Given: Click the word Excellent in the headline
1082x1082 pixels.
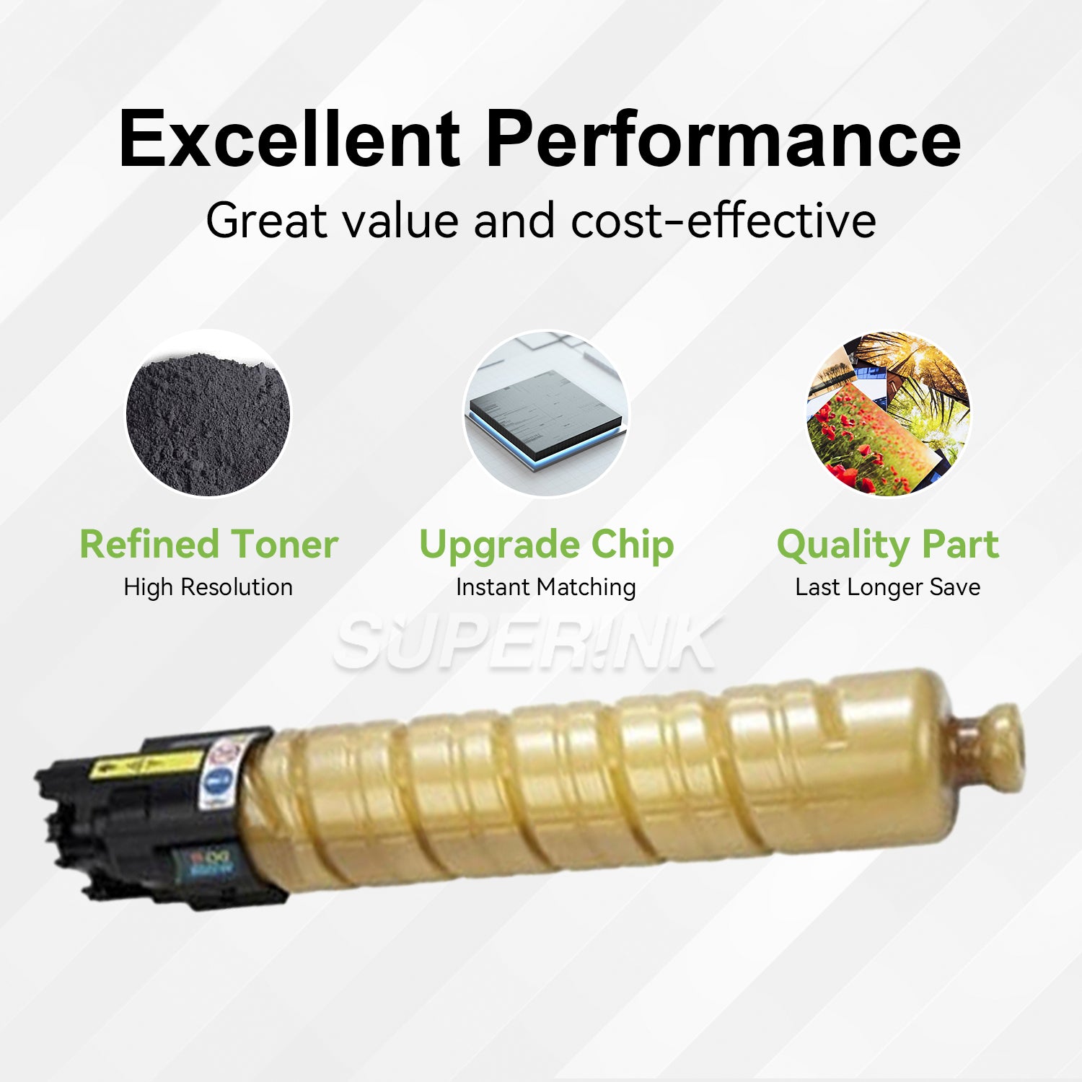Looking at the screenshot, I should (x=289, y=139).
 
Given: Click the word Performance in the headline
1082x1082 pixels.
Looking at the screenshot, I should (x=723, y=139).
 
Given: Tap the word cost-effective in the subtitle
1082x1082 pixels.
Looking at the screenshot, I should (x=723, y=220).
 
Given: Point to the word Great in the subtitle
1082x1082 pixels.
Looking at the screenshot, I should (x=266, y=220).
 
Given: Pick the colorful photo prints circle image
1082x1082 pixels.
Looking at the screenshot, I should (x=888, y=413).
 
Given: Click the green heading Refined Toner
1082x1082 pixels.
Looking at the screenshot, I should (x=208, y=544).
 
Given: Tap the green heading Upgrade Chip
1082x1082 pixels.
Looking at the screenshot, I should (x=546, y=545).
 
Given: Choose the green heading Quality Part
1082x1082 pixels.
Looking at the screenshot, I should (x=888, y=545).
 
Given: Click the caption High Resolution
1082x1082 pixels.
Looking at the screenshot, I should (x=208, y=587).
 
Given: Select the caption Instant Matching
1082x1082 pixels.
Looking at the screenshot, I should (x=546, y=587).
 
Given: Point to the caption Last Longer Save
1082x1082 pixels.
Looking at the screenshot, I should (x=888, y=587).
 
